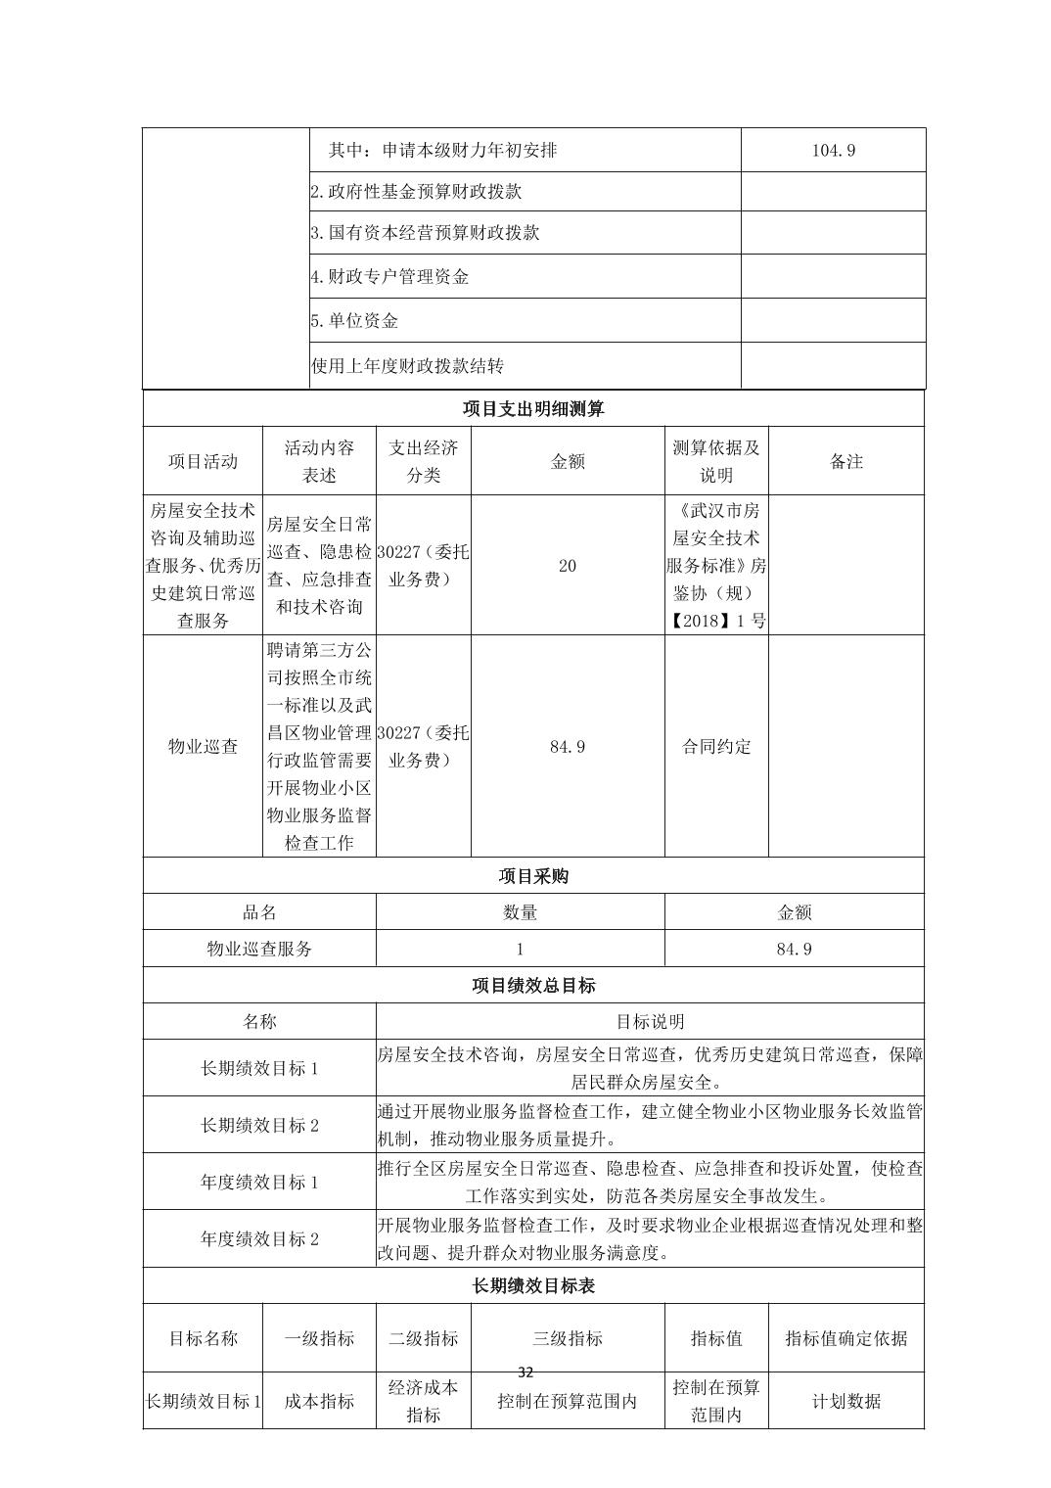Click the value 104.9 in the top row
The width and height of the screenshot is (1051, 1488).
[x=834, y=151]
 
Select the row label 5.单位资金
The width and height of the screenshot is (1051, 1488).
[x=354, y=321]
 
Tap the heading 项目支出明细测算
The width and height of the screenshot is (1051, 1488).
[x=533, y=409]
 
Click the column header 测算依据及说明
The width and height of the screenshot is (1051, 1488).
[x=716, y=461]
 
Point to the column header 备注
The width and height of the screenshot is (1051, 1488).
[x=846, y=461]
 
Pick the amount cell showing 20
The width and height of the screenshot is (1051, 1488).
[x=568, y=566]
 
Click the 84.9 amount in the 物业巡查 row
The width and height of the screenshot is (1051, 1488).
[x=568, y=747]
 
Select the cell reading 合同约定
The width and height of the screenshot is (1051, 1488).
[x=716, y=747]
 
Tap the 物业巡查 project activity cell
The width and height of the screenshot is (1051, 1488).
[x=203, y=747]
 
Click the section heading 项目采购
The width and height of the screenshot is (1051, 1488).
[x=533, y=876]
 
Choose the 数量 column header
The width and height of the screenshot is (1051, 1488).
[x=520, y=912]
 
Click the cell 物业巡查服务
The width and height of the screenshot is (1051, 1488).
[x=259, y=949]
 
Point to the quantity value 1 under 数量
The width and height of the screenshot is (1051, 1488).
[x=520, y=949]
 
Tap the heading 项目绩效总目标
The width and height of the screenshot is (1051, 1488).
[x=533, y=986]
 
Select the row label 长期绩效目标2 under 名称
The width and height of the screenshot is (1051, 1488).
[x=259, y=1126]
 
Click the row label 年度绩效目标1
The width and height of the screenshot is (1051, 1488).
[x=259, y=1183]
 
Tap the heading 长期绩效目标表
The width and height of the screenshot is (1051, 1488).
[x=533, y=1286]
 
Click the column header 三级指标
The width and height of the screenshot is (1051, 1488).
[x=568, y=1338]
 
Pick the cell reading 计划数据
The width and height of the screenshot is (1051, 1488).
[x=846, y=1402]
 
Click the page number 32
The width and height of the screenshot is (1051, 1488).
[x=525, y=1372]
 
